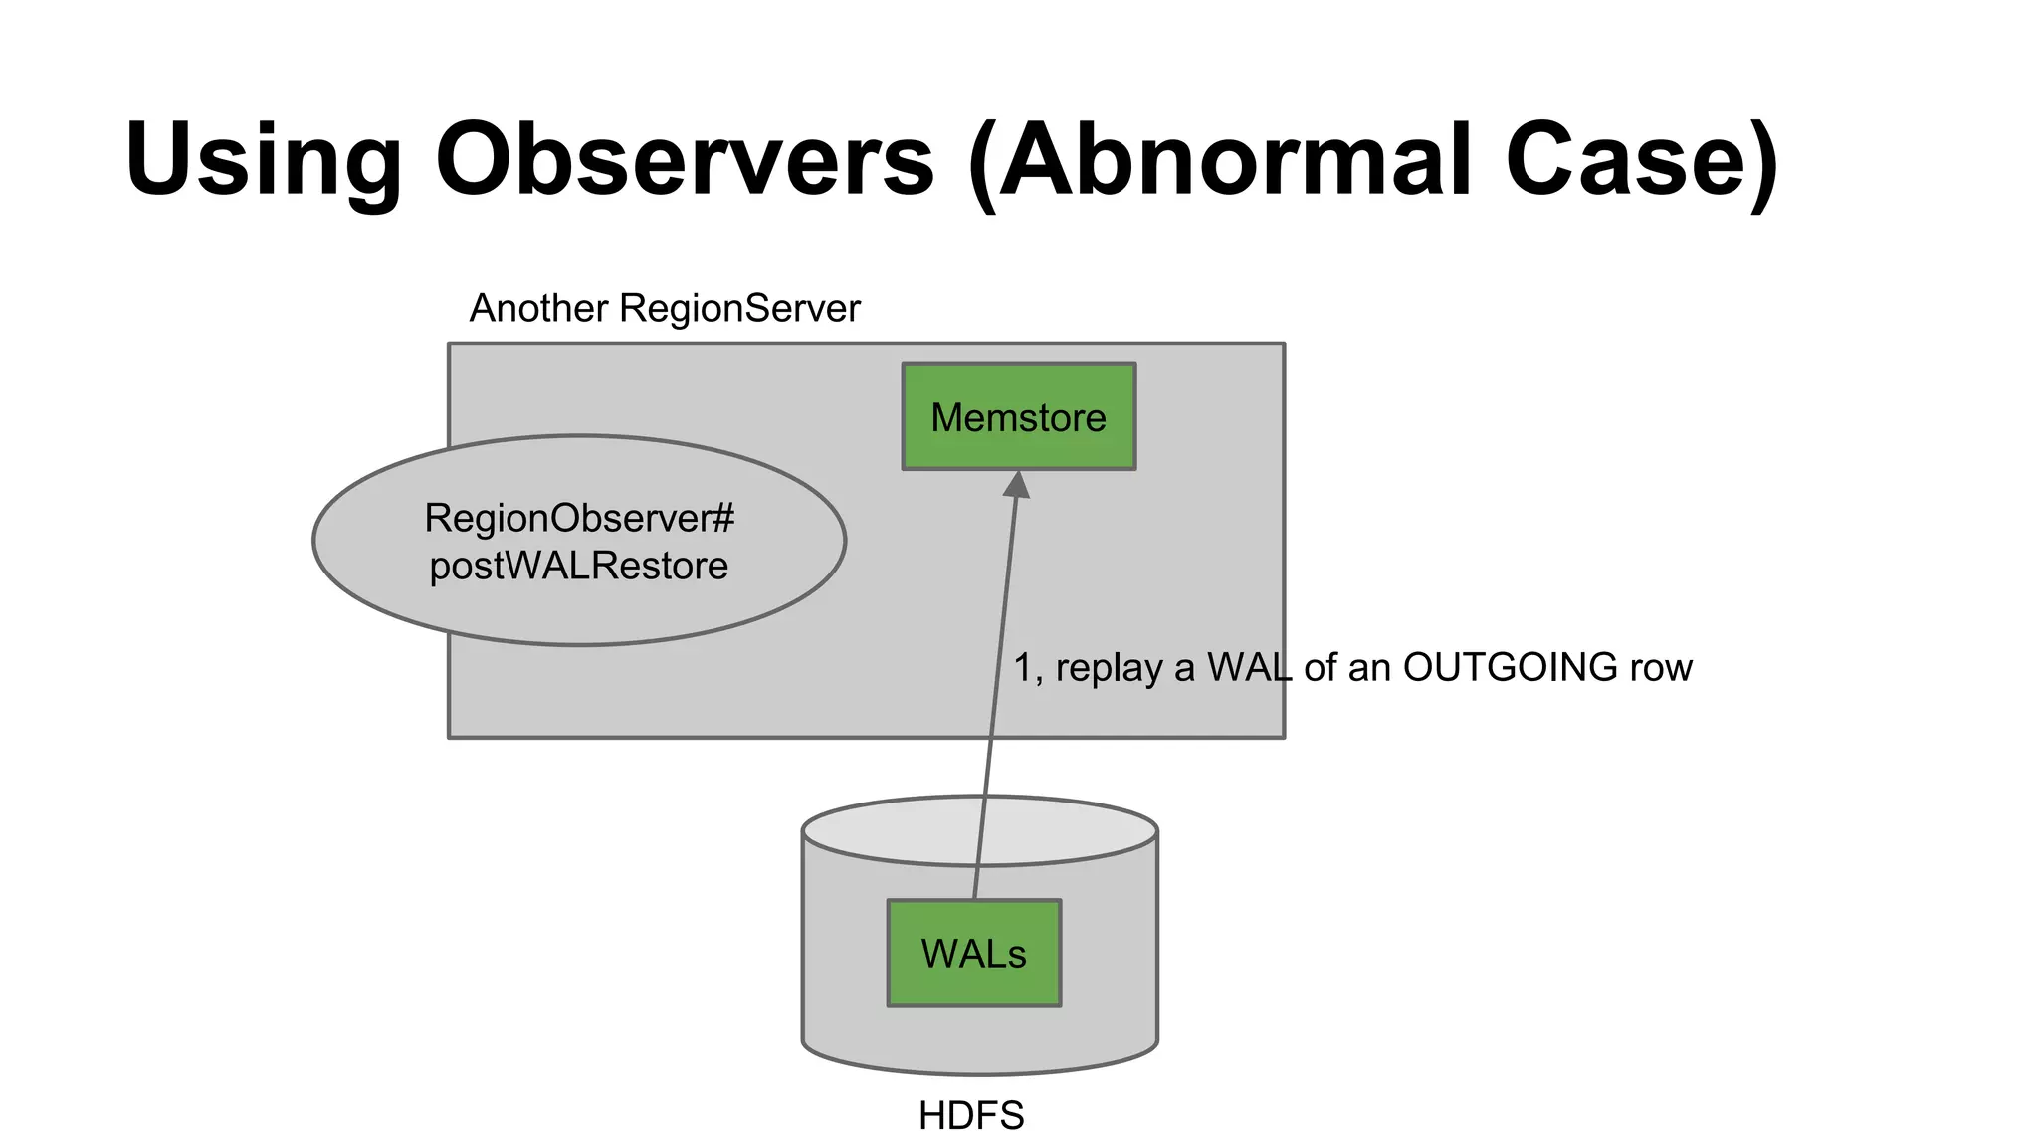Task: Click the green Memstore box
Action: (x=1018, y=416)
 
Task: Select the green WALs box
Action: (x=973, y=953)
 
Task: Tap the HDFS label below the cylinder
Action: (x=971, y=1115)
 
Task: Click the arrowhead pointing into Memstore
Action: (x=1016, y=485)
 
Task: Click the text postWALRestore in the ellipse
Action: (x=579, y=566)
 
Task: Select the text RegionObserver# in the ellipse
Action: (x=579, y=518)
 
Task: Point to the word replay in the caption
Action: (x=1109, y=667)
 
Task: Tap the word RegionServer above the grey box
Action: (x=739, y=308)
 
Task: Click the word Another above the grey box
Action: (x=538, y=308)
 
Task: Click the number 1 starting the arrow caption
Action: (x=1023, y=667)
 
